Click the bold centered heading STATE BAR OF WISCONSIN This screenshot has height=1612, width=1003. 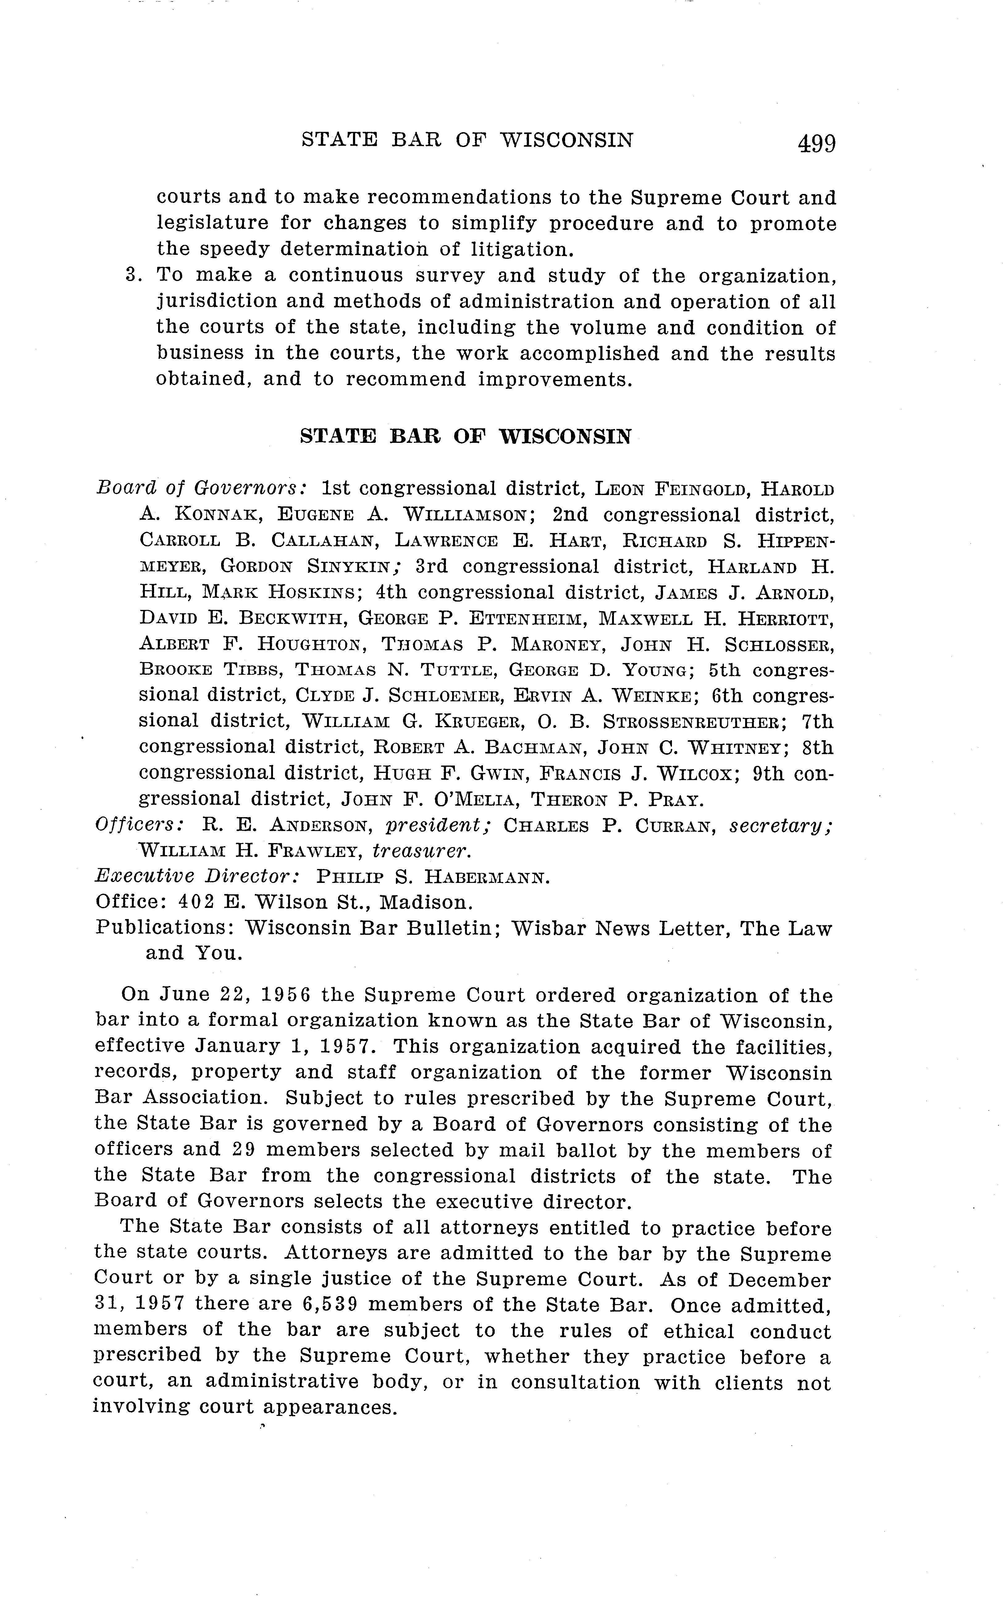point(466,436)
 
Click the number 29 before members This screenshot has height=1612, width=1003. point(244,1150)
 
